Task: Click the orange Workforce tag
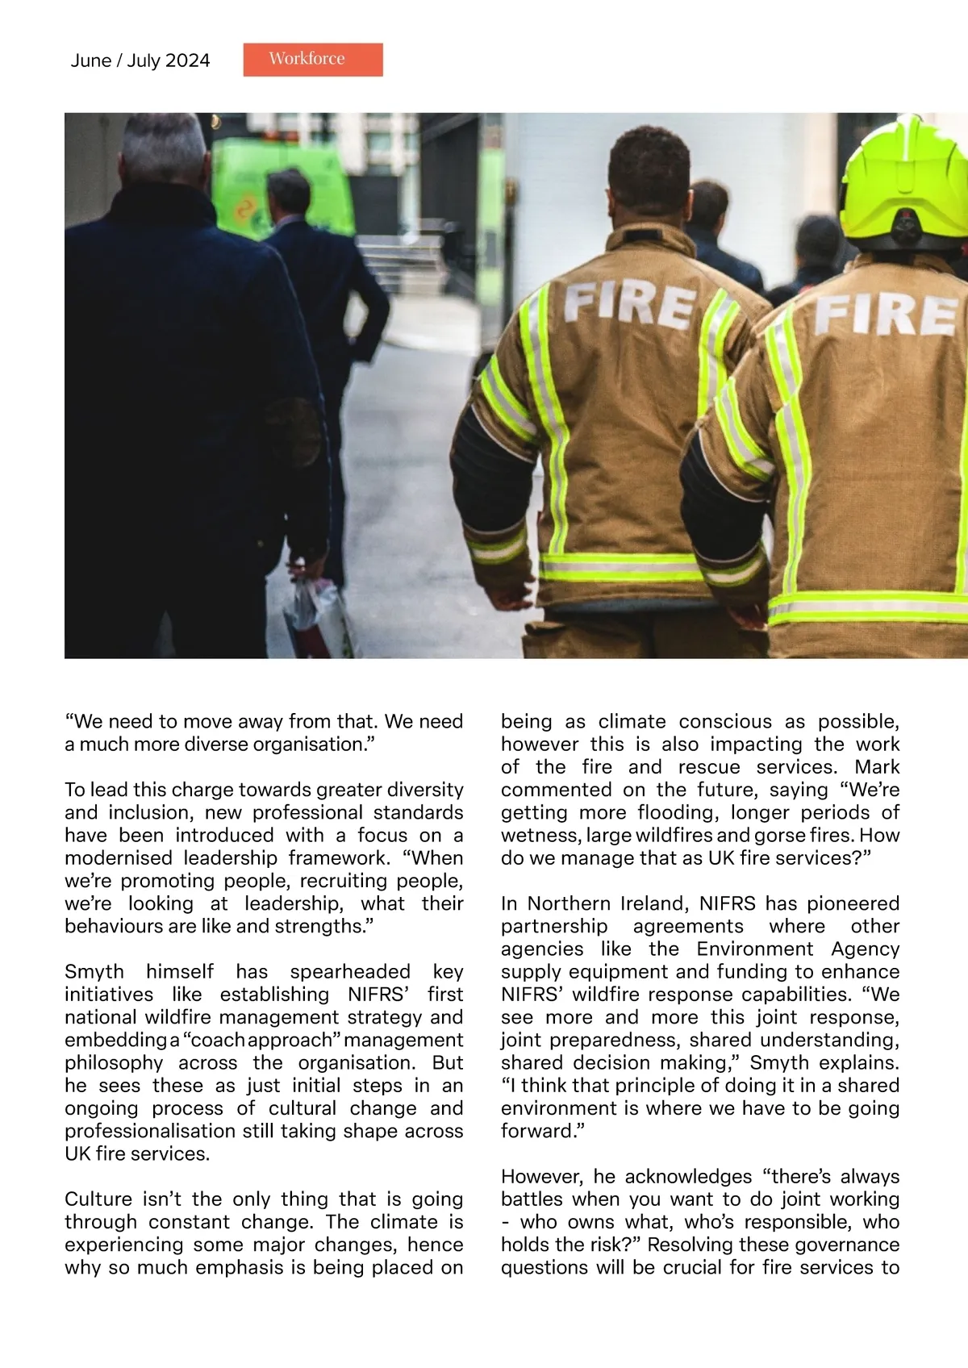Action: tap(313, 60)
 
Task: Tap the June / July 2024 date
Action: tap(140, 60)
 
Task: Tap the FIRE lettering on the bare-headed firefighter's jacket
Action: tap(630, 305)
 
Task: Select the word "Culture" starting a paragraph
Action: tap(98, 1199)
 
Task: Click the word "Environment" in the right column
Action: tap(758, 949)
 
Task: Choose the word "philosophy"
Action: tap(114, 1062)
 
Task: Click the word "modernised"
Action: tap(119, 857)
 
